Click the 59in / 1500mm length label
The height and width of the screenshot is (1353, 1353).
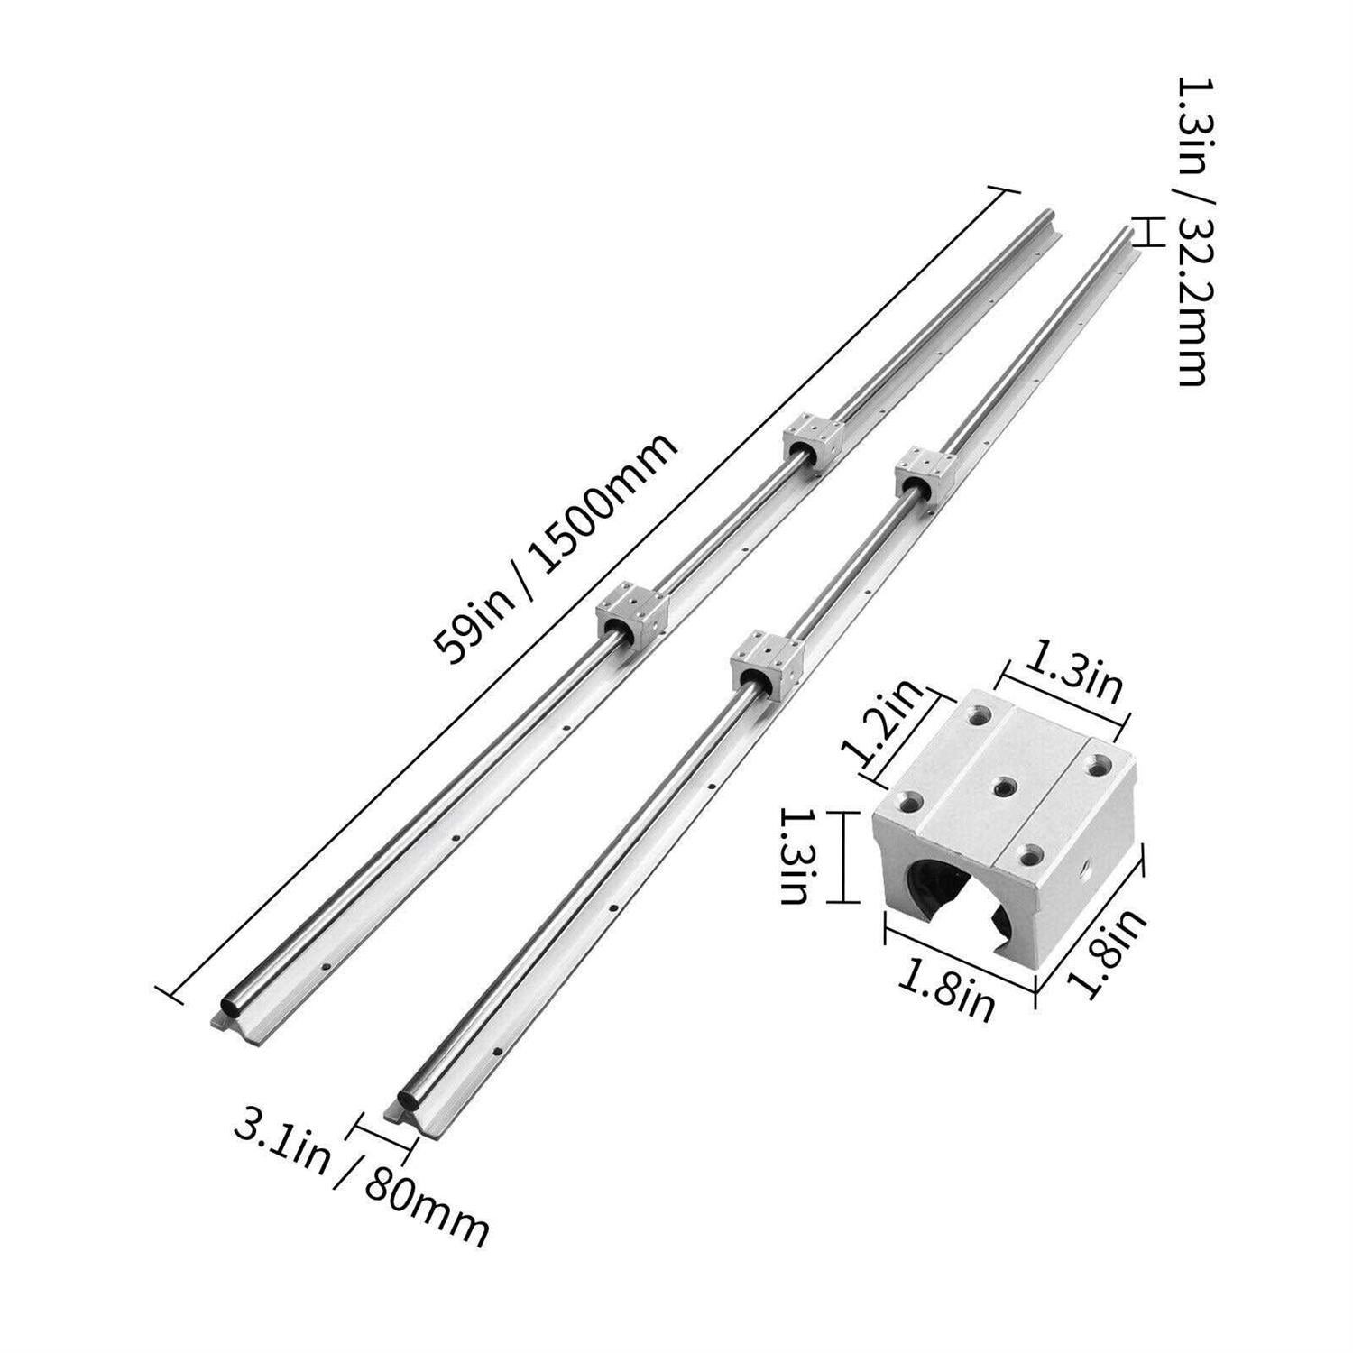pyautogui.click(x=555, y=549)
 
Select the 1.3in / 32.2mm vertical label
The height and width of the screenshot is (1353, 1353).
pyautogui.click(x=1189, y=230)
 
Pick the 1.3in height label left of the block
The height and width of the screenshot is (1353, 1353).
pyautogui.click(x=793, y=856)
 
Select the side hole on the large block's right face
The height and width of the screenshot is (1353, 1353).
pyautogui.click(x=1086, y=874)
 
